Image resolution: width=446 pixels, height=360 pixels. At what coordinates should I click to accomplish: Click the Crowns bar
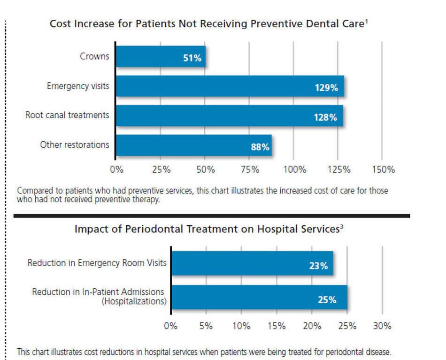[x=161, y=57]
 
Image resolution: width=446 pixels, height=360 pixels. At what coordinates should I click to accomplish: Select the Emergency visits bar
[x=230, y=86]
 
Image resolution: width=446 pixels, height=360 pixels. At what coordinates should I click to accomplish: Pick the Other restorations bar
[x=193, y=146]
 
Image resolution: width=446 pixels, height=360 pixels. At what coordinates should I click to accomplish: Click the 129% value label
[x=326, y=88]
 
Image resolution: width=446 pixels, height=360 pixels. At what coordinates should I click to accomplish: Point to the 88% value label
[x=260, y=147]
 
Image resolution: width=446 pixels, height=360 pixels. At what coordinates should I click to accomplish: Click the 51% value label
[x=192, y=58]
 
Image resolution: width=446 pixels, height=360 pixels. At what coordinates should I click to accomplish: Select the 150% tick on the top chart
[x=383, y=169]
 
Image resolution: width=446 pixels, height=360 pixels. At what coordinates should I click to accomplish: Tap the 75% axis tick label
[x=250, y=169]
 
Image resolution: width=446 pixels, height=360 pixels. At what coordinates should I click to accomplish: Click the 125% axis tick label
[x=338, y=169]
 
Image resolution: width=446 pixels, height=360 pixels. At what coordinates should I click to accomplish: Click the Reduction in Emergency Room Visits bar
[x=252, y=263]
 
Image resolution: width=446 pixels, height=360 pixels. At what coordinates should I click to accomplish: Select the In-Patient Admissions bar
[x=259, y=297]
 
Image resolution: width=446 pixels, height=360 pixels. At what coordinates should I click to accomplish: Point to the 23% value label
[x=318, y=266]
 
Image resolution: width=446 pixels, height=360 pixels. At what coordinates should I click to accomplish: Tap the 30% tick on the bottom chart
[x=382, y=326]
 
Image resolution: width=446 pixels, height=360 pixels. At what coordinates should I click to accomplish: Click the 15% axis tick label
[x=276, y=326]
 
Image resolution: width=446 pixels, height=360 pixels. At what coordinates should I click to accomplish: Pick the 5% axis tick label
[x=206, y=326]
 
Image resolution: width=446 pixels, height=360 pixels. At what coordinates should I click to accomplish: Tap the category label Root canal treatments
[x=67, y=115]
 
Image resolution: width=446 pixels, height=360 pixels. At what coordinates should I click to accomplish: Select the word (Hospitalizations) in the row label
[x=134, y=301]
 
